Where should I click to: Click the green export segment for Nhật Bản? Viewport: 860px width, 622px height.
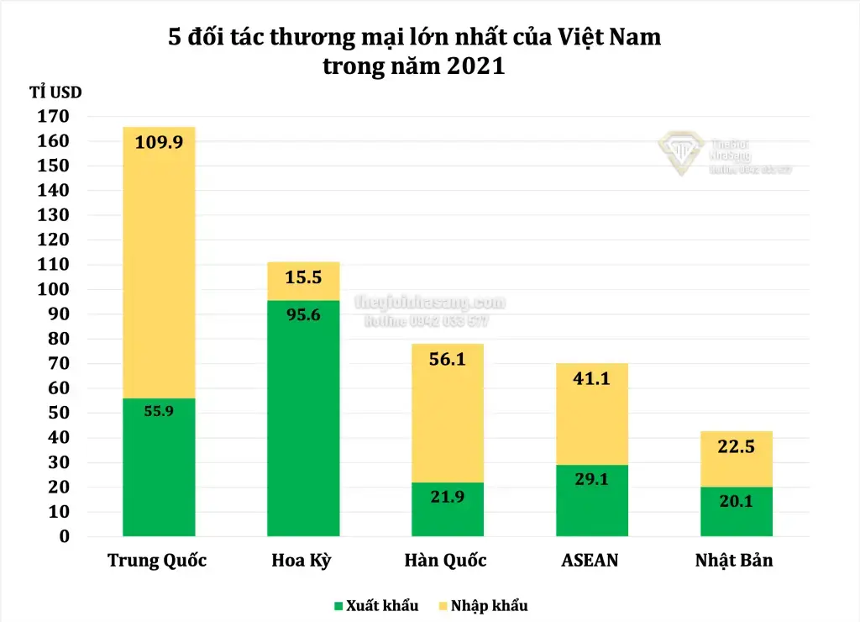click(x=737, y=513)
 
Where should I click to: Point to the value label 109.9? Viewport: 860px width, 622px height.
click(x=159, y=142)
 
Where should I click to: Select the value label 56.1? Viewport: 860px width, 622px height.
click(x=448, y=360)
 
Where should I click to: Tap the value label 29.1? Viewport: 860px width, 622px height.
click(x=592, y=479)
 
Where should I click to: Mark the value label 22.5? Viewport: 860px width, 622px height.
click(x=737, y=446)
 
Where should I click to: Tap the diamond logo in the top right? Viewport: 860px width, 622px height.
click(x=680, y=151)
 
